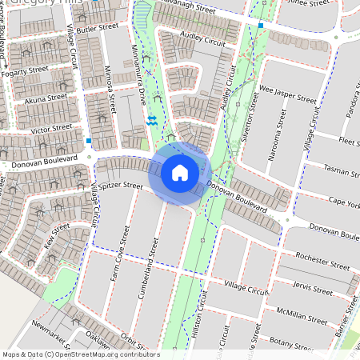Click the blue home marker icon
click(180, 172)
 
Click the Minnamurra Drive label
click(142, 87)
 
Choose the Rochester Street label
click(322, 262)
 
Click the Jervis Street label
click(313, 288)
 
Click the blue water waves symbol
click(151, 120)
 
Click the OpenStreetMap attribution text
click(80, 354)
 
